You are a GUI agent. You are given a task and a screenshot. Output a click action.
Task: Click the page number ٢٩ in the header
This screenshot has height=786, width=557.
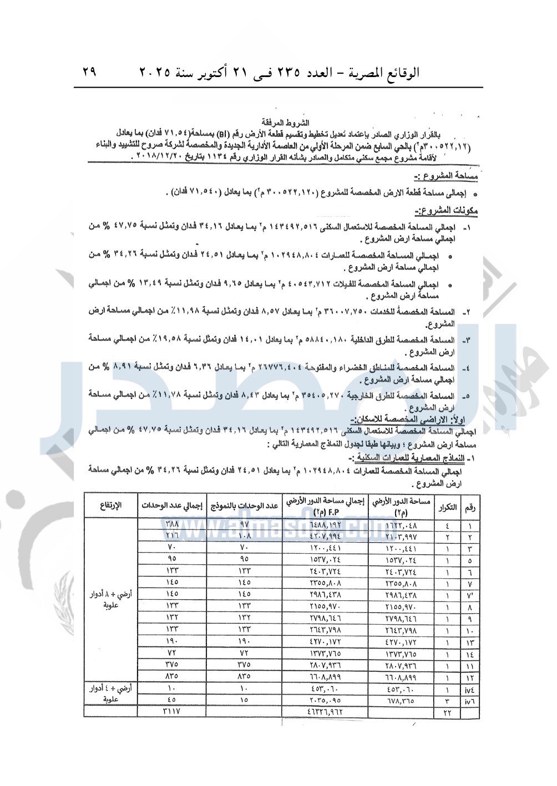(89, 72)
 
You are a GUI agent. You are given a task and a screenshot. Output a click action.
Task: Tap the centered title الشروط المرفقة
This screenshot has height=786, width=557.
(286, 123)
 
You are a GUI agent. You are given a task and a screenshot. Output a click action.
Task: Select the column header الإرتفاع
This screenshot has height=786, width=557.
(110, 505)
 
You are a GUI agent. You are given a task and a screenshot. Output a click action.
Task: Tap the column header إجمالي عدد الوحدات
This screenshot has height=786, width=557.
(172, 505)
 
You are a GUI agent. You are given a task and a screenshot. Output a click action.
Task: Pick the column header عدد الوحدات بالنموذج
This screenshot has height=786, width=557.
(245, 505)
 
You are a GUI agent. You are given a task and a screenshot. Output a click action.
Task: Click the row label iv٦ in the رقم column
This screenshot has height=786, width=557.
(471, 701)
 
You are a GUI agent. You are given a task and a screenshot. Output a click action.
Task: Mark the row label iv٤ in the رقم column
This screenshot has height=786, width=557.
(471, 689)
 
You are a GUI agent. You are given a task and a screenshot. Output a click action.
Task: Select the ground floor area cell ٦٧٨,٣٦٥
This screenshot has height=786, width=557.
(400, 701)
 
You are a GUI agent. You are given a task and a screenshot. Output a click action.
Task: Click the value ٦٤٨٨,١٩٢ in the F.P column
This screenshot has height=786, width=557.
(325, 524)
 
